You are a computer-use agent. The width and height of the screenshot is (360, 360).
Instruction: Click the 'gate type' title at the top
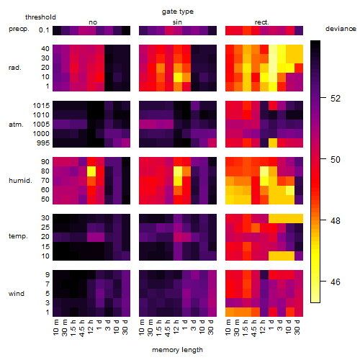[x=178, y=12]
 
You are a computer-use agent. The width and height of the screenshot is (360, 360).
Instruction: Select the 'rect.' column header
[x=261, y=22]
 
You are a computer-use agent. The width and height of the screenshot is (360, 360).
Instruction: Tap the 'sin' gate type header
[x=177, y=22]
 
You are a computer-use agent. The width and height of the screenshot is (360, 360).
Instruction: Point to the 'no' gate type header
[x=93, y=22]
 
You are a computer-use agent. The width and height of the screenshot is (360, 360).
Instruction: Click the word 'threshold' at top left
[x=40, y=17]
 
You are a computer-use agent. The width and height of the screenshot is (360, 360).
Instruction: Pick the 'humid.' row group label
[x=20, y=181]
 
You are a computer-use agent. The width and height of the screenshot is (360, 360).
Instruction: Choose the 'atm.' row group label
[x=16, y=125]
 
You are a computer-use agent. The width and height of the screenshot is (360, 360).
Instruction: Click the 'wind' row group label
[x=17, y=294]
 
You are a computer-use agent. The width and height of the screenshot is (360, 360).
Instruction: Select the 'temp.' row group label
[x=18, y=236]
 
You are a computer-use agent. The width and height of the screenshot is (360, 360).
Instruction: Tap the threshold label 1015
[x=41, y=106]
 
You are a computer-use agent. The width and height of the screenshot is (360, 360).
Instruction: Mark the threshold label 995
[x=43, y=143]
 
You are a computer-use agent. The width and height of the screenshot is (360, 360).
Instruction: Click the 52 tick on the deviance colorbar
[x=336, y=98]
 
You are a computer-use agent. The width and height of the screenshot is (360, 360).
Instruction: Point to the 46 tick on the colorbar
[x=336, y=282]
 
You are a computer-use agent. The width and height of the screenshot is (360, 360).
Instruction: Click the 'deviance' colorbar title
[x=341, y=29]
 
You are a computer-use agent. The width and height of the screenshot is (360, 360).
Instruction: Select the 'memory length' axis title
[x=177, y=350]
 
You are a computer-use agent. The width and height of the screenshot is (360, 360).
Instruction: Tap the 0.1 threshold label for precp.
[x=44, y=30]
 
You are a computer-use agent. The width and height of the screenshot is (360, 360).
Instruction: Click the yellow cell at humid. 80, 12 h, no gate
[x=91, y=171]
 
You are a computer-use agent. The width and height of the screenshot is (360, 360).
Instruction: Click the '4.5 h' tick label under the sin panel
[x=168, y=328]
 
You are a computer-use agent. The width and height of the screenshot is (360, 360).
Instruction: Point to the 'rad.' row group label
[x=15, y=68]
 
